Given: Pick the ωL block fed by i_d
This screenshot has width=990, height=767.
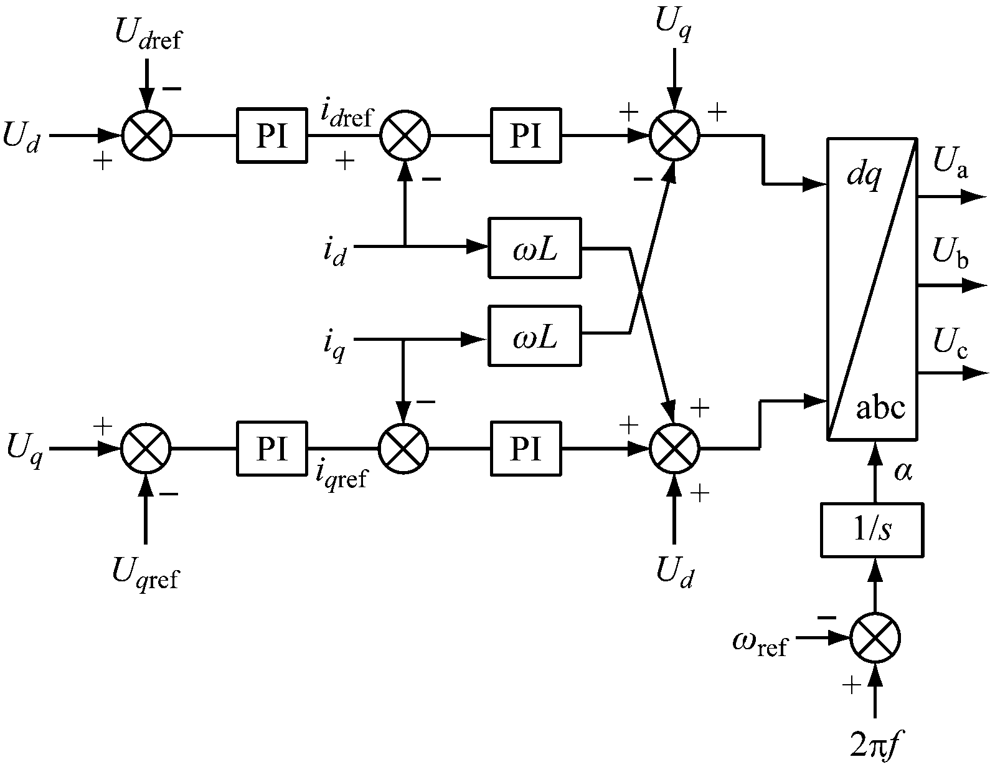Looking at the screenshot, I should [534, 247].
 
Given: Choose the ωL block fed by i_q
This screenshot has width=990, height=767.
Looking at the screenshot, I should [534, 335].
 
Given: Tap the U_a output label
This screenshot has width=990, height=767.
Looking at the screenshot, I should [950, 166].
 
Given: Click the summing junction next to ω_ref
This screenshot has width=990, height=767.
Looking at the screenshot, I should [875, 638].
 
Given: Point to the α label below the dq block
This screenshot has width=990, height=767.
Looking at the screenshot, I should [903, 472].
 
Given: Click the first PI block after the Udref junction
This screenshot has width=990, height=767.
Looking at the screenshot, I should [271, 135].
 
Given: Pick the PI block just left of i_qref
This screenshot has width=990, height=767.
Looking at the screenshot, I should [271, 448].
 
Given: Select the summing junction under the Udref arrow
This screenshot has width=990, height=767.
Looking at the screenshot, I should [147, 135].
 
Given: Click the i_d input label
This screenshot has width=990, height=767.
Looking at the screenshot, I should [334, 252].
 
